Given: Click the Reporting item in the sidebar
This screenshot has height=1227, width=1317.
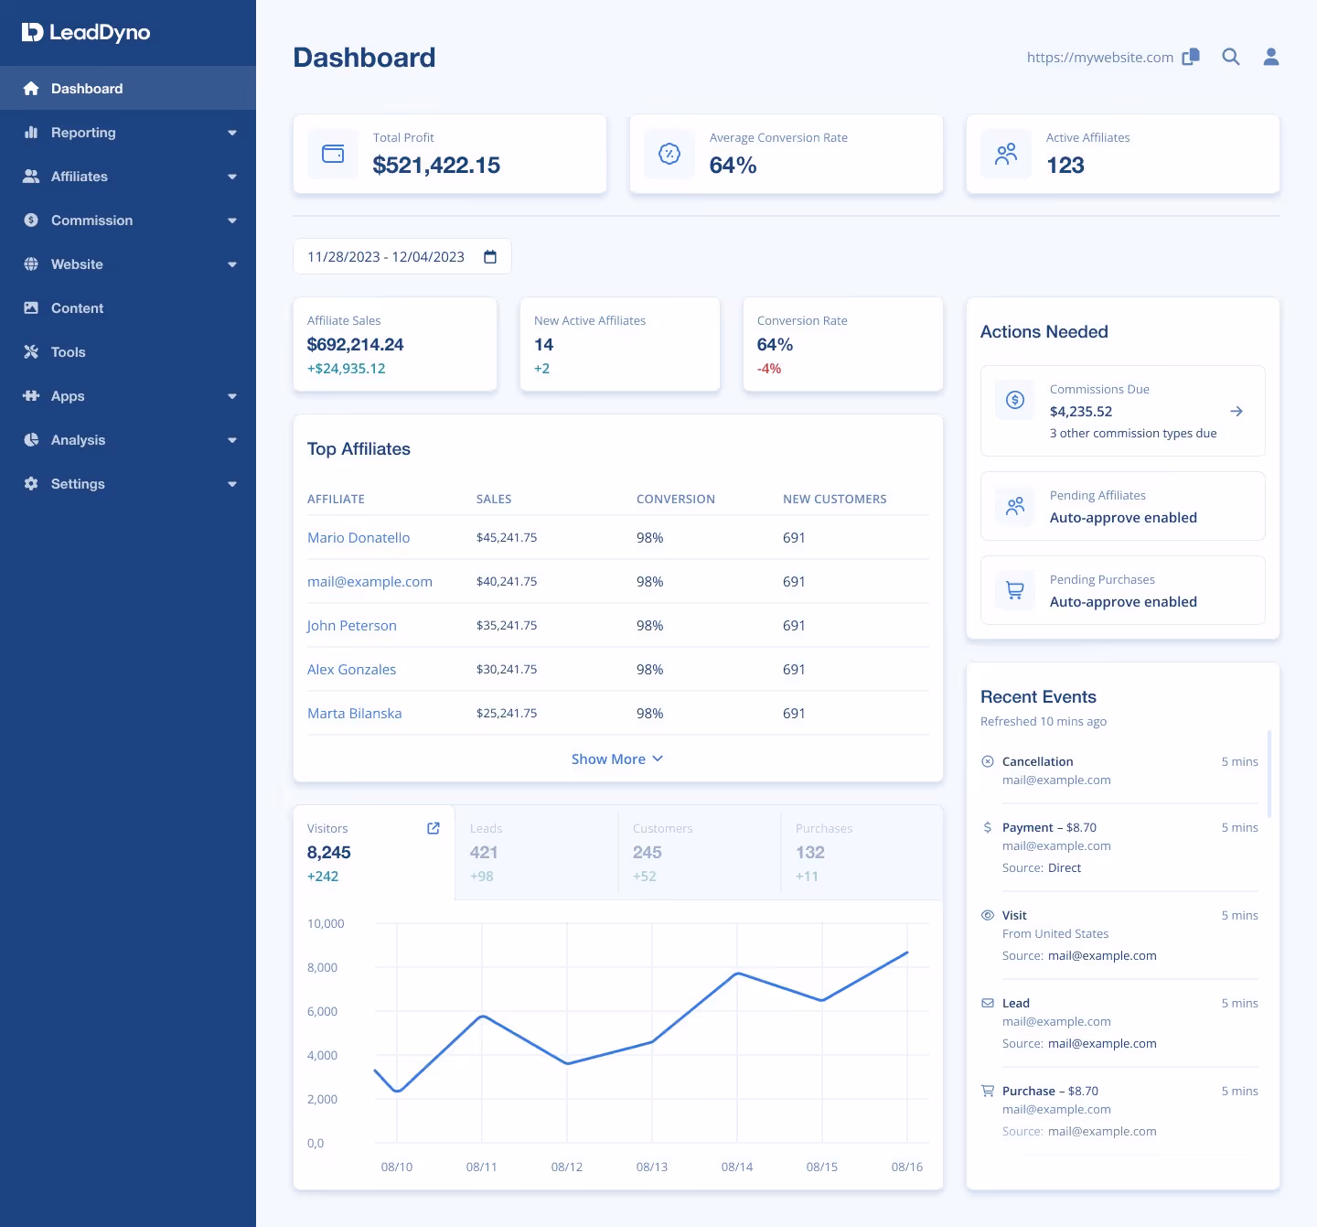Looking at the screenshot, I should pos(83,133).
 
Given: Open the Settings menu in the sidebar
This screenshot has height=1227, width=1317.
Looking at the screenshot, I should pos(78,484).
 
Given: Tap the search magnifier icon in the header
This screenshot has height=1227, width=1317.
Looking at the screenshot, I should pos(1231,57).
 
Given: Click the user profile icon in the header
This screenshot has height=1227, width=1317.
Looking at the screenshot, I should pos(1271,57).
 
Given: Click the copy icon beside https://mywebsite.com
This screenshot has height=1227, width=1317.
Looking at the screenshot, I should pos(1191,57).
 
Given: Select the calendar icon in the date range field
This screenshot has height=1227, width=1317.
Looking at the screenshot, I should pos(490,257).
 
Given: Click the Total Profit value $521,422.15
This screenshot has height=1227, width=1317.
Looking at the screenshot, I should pos(436,166).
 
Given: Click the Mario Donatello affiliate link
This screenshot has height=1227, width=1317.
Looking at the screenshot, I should pos(359,538).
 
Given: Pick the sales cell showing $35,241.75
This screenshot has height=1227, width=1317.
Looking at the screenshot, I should pos(507,626).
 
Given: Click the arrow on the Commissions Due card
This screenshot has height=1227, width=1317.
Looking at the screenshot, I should pos(1237,412).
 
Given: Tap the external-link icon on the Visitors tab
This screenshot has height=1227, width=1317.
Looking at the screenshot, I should pos(434,828).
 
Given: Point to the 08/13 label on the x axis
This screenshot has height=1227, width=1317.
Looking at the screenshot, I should pos(652,1168).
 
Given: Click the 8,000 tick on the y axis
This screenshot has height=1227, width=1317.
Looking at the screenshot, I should pos(322,968).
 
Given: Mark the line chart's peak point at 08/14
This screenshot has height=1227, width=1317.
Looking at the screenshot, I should pos(737,974).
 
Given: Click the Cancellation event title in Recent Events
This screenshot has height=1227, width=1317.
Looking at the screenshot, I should pos(1037,762).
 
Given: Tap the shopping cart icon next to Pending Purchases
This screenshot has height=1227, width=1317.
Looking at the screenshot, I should pos(1015,590).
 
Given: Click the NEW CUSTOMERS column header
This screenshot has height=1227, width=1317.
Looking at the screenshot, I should pos(834,500).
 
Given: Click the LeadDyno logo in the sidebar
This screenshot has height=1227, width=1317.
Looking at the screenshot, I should pos(86,33).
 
